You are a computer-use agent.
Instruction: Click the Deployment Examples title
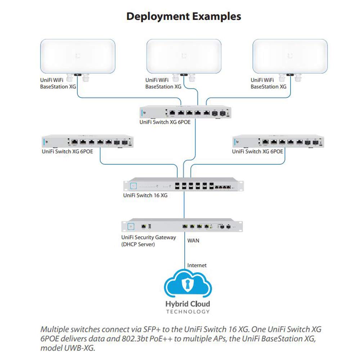[184, 16]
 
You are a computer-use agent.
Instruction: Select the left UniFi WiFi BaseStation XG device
[78, 57]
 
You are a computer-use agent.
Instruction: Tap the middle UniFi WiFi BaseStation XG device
[184, 57]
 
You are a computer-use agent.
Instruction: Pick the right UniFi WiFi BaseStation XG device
[290, 57]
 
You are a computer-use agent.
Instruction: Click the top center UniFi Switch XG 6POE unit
[185, 113]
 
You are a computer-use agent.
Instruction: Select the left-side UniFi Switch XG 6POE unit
[87, 142]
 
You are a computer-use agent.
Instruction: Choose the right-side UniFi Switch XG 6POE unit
[278, 142]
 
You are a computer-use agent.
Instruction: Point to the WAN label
[193, 240]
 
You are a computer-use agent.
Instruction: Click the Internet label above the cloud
[197, 265]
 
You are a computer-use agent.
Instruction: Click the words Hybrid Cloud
[188, 304]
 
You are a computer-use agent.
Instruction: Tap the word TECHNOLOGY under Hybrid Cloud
[188, 312]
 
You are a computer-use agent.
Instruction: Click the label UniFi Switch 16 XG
[145, 196]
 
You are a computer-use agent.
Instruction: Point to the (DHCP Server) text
[138, 244]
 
